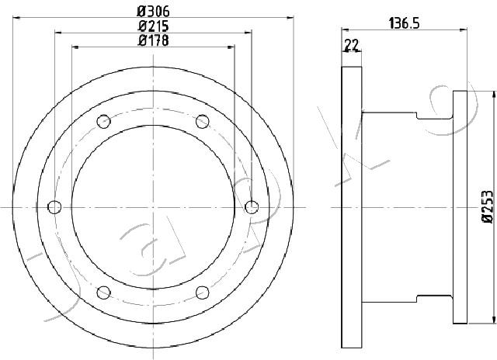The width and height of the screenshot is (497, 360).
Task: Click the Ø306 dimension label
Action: [x=153, y=12]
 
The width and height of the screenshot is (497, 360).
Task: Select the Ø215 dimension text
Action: [x=153, y=26]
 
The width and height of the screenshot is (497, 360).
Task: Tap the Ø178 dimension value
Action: [x=153, y=40]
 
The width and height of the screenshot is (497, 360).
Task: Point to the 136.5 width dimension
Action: [x=404, y=23]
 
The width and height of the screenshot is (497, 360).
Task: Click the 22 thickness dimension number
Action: [x=352, y=45]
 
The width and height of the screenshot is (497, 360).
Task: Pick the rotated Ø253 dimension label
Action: [x=488, y=207]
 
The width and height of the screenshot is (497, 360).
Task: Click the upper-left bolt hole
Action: [x=103, y=122]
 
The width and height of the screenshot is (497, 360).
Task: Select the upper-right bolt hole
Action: [x=202, y=122]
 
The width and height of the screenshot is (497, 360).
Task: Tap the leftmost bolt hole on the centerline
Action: [x=54, y=207]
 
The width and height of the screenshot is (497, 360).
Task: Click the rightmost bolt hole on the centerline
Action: [x=252, y=207]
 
